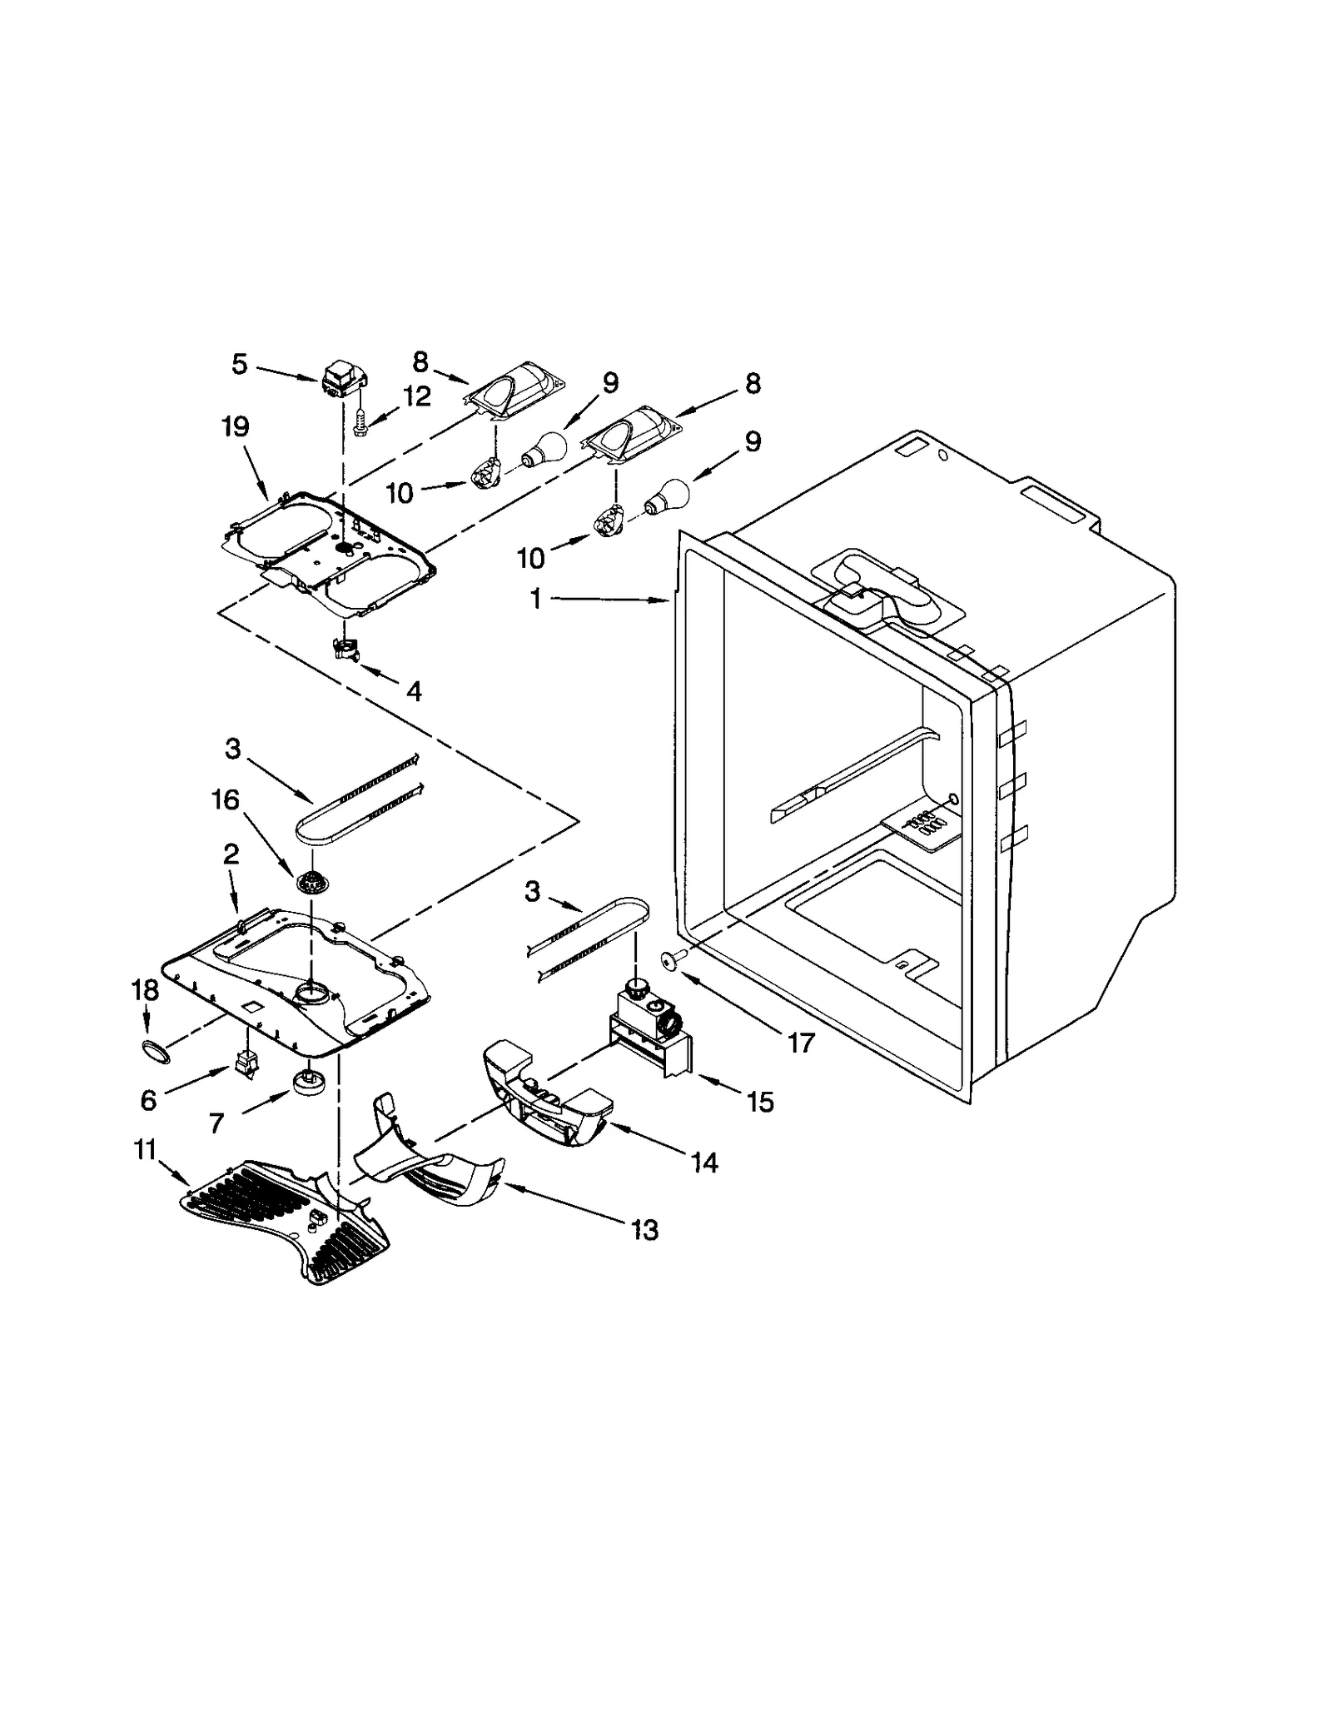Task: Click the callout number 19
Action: pos(236,428)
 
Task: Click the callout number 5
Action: pos(240,365)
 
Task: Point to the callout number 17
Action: pos(800,1043)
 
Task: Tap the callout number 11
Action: pos(145,1150)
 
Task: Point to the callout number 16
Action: pos(225,800)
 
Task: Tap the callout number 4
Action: pos(414,690)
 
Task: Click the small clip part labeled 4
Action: pos(344,650)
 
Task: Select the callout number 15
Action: pos(760,1103)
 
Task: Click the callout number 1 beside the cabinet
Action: pos(535,599)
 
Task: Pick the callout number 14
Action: pos(704,1163)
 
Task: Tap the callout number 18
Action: pos(144,990)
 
